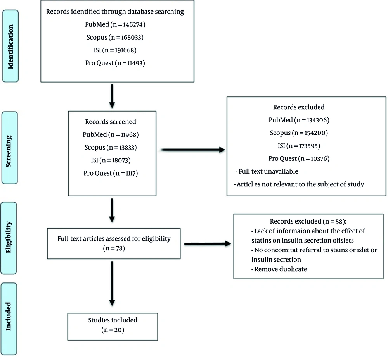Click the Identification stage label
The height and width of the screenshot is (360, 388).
tap(10, 46)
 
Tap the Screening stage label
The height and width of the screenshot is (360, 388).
tap(9, 148)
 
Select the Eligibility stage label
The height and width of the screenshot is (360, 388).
tap(9, 238)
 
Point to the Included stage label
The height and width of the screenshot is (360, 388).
tap(9, 319)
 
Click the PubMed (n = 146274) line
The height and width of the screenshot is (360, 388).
tap(115, 24)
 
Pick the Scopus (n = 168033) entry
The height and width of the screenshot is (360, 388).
tap(115, 37)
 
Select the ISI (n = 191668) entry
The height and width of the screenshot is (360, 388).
tap(115, 50)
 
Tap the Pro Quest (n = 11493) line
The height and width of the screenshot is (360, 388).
tap(115, 63)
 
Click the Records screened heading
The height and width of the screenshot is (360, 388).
tap(111, 122)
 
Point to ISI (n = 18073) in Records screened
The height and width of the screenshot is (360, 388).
tap(111, 160)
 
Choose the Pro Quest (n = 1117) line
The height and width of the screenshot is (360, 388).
tap(111, 173)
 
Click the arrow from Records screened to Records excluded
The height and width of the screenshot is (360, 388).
tap(193, 150)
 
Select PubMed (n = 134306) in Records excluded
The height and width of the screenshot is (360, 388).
tap(299, 120)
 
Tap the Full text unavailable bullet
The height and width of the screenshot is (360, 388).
tap(267, 172)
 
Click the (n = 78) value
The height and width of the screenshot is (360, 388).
tap(114, 248)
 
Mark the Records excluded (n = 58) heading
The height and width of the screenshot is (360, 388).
tap(308, 221)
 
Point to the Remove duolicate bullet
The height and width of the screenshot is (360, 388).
tap(279, 269)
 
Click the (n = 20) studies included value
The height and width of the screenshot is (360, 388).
tap(113, 330)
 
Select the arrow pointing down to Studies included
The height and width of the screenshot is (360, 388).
tap(112, 284)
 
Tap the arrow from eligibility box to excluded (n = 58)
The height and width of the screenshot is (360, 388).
tap(208, 244)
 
